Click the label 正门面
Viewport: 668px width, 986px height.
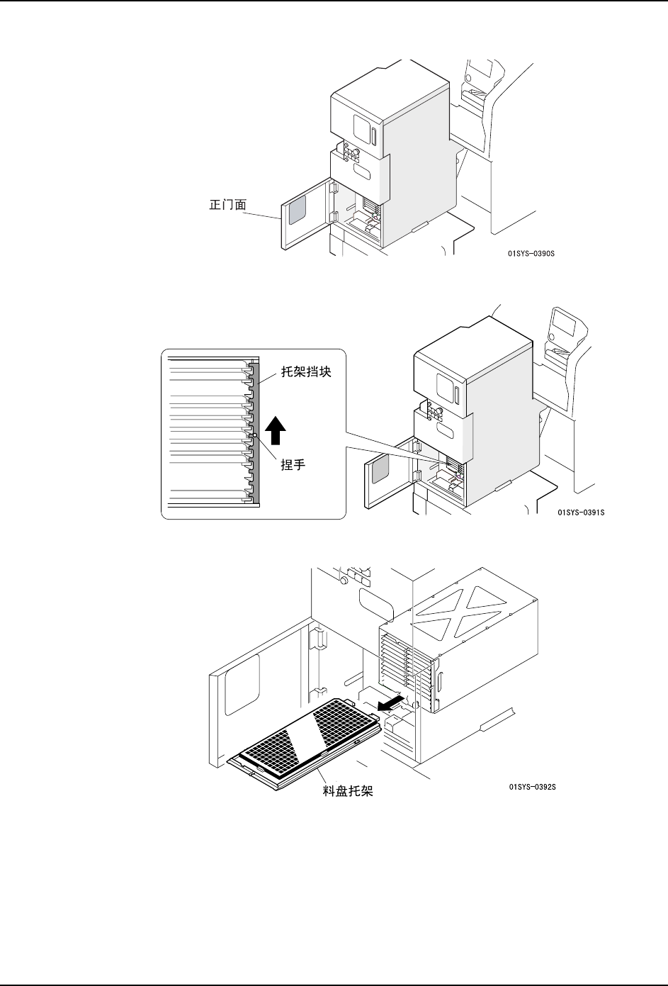tap(227, 205)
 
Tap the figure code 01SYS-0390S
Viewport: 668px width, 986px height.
tap(531, 252)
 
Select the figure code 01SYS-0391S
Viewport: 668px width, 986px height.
tap(581, 511)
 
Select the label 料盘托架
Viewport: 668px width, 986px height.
tap(348, 792)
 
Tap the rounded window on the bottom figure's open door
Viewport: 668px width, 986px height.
tap(242, 684)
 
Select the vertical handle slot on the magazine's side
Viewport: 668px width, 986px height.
tap(439, 685)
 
